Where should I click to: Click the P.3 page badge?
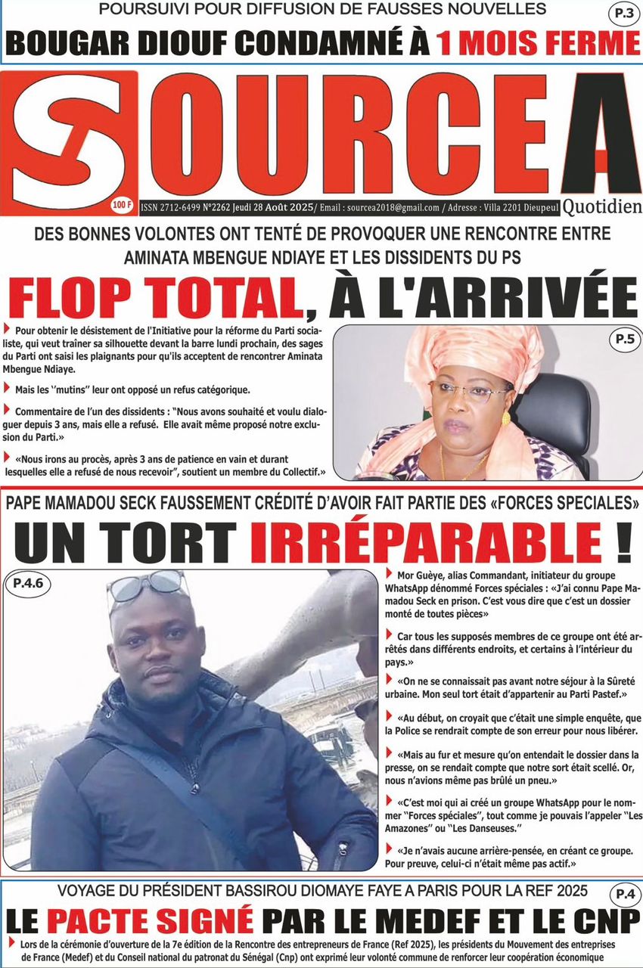622,14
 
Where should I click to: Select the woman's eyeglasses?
469,392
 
